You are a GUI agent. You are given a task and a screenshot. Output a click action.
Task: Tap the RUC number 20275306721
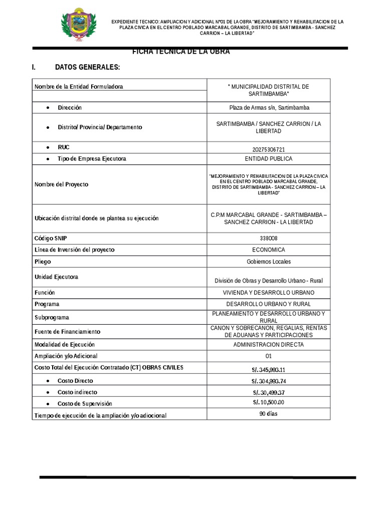point(268,149)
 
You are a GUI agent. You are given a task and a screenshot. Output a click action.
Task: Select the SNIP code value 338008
point(268,238)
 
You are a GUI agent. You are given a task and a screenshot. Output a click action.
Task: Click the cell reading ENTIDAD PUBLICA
point(268,159)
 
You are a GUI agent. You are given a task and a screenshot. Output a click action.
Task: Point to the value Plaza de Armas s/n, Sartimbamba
point(268,108)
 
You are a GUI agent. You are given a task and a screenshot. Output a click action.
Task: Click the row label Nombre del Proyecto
point(61,184)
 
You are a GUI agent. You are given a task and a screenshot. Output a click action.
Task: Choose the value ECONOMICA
point(268,249)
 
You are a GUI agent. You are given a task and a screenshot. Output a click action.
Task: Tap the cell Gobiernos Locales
point(268,262)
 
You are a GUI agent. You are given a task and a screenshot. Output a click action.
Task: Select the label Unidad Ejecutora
point(56,277)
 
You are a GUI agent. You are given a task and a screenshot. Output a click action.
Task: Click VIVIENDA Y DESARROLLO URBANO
point(268,293)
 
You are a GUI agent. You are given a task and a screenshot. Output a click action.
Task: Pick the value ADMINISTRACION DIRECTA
point(268,345)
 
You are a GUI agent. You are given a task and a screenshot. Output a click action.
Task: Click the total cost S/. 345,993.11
point(268,370)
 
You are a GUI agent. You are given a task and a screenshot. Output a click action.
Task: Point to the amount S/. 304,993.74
point(268,382)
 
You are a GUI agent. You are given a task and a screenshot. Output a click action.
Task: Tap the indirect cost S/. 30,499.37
point(268,393)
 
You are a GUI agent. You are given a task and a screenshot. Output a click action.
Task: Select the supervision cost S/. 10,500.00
point(268,402)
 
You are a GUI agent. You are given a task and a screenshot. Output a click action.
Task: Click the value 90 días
point(268,414)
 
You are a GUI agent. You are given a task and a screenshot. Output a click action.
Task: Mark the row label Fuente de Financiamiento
point(67,332)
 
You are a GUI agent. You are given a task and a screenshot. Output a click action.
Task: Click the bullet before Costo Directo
point(47,381)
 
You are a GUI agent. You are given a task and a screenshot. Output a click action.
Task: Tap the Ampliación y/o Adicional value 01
point(268,356)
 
